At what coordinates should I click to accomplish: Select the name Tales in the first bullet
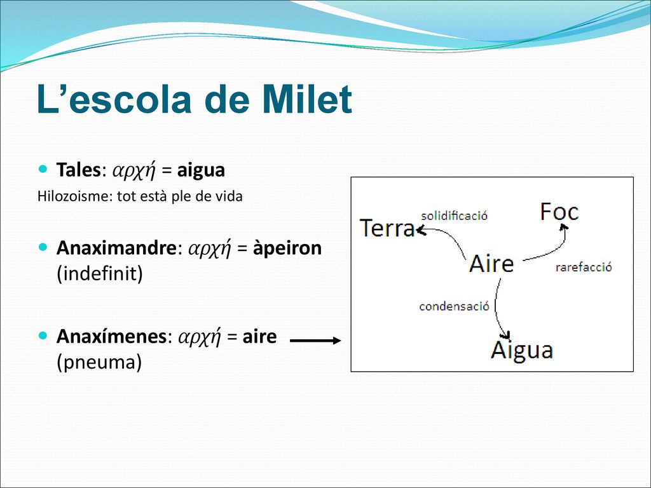78,170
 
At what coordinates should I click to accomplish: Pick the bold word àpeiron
287,249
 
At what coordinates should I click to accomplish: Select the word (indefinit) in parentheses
100,274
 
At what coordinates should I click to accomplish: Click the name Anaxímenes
111,336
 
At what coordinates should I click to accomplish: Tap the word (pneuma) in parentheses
99,362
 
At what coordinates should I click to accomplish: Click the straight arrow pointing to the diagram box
315,341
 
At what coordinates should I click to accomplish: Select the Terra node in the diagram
387,228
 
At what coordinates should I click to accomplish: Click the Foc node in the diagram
559,212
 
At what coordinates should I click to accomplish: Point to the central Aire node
491,264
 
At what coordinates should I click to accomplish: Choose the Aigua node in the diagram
522,350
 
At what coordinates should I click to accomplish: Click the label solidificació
454,215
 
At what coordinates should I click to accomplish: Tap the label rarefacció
584,267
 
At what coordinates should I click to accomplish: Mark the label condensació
454,306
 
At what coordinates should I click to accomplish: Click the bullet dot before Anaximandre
43,247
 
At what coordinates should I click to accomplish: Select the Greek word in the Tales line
134,170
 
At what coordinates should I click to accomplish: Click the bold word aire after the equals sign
259,337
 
